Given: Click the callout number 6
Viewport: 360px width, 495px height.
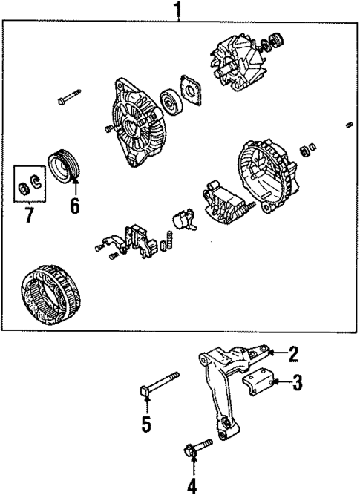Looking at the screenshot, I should [x=74, y=204].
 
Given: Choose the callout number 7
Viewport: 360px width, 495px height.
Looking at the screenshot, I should [x=28, y=215].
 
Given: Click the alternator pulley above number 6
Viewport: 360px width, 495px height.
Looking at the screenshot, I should [x=63, y=166].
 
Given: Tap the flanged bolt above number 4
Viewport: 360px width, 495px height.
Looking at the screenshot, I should [x=197, y=447].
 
